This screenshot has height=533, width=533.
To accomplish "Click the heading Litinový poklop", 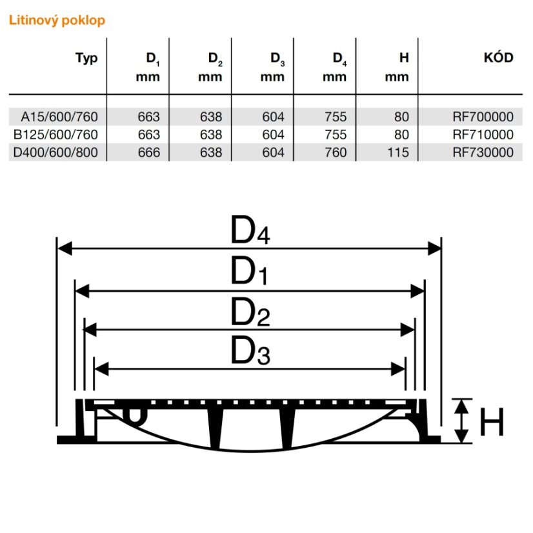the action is [x=57, y=21].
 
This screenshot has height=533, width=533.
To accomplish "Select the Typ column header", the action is [x=86, y=58].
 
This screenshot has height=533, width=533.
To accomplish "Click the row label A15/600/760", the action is [x=59, y=117].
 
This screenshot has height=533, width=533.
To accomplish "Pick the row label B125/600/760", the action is [x=55, y=135].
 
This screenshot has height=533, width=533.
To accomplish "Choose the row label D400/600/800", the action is [x=55, y=152].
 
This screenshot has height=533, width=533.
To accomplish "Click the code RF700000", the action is [x=483, y=117].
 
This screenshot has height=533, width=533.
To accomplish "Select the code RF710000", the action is [x=483, y=135].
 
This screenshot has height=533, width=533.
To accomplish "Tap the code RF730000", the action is [x=483, y=152].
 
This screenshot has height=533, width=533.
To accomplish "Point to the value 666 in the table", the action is [x=149, y=152].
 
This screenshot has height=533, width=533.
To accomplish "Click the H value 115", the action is [x=398, y=152].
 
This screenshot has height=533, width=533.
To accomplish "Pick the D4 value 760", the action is [x=336, y=152].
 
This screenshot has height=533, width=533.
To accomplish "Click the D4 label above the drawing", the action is [x=250, y=230].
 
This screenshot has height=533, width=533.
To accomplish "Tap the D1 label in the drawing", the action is [x=250, y=271].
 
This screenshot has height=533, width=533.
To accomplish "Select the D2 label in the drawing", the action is [x=250, y=312].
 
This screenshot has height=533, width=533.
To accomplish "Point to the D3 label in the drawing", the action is [x=250, y=351].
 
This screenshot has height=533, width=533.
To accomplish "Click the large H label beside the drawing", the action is [x=492, y=422].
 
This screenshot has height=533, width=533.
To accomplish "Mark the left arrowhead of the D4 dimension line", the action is [x=65, y=248].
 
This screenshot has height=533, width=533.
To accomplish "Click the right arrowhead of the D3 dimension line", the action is [x=398, y=369].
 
